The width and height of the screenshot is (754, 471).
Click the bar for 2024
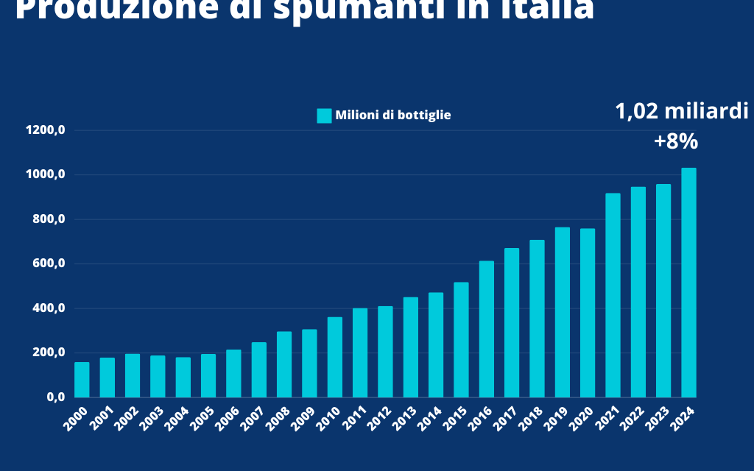[x=688, y=283]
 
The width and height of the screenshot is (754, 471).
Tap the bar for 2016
[x=487, y=329]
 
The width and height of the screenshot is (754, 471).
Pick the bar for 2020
[x=588, y=313]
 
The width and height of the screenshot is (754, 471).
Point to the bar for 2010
[x=335, y=357]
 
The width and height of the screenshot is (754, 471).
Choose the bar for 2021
[x=613, y=295]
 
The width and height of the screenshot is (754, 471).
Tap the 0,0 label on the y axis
[x=56, y=397]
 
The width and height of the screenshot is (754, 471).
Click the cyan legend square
[x=324, y=116]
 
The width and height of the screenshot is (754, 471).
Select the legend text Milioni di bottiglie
[x=393, y=116]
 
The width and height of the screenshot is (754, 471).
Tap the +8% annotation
[x=676, y=141]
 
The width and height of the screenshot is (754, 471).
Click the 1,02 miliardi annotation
[x=682, y=112]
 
